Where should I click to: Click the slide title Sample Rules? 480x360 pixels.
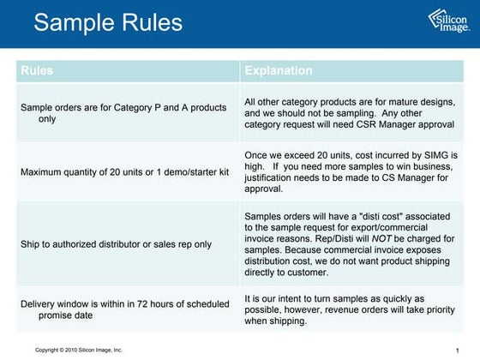coord(108,22)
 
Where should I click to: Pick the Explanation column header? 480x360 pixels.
coord(279,70)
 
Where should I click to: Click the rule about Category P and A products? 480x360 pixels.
coord(123,113)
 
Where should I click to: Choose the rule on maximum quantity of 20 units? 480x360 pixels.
coord(124,171)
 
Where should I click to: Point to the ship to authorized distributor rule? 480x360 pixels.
coord(116,243)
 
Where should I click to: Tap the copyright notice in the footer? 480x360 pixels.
coord(79,350)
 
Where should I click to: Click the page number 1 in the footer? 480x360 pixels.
coord(459,350)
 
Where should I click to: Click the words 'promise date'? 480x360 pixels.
coord(66,315)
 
